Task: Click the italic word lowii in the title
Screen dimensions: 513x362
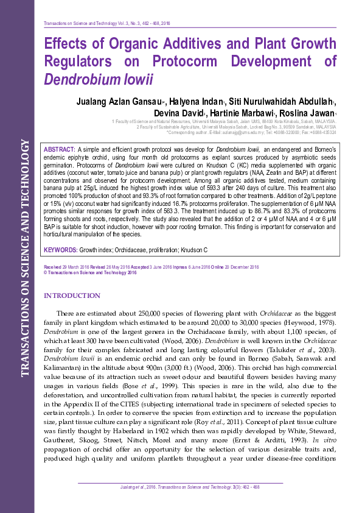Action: (137, 80)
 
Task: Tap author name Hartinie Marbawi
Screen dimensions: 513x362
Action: (245, 113)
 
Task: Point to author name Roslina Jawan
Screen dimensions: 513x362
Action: (308, 113)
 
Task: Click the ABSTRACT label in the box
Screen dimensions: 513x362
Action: (60, 149)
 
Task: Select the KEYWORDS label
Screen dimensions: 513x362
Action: (60, 250)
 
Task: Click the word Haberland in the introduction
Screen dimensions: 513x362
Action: (131, 430)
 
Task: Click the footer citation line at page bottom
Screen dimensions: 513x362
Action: (181, 487)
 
